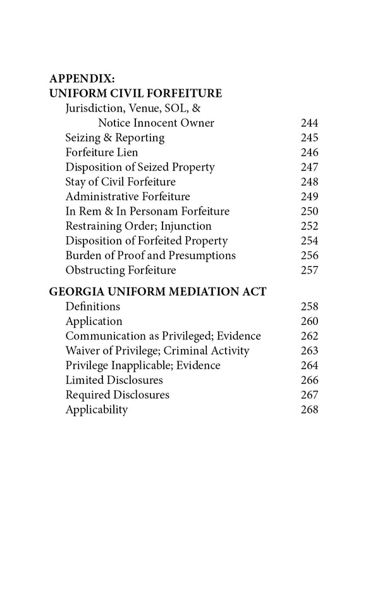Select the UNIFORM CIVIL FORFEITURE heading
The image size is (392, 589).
135,94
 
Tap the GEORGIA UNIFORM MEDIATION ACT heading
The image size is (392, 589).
157,292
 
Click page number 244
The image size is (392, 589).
309,123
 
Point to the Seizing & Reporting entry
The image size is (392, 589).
114,137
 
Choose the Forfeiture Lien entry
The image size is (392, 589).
101,153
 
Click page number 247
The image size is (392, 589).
309,167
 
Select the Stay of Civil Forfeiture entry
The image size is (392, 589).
120,182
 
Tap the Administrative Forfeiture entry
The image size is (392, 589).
127,196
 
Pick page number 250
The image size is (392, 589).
309,211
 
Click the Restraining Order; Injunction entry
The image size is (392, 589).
138,226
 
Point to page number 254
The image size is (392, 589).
309,241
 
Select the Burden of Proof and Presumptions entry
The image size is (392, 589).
150,255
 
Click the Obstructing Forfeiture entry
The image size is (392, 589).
120,270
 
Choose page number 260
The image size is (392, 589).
309,321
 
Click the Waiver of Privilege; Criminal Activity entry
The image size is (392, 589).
157,351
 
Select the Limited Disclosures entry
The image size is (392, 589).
114,380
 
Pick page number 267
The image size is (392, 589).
309,395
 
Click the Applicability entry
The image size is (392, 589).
96,410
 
